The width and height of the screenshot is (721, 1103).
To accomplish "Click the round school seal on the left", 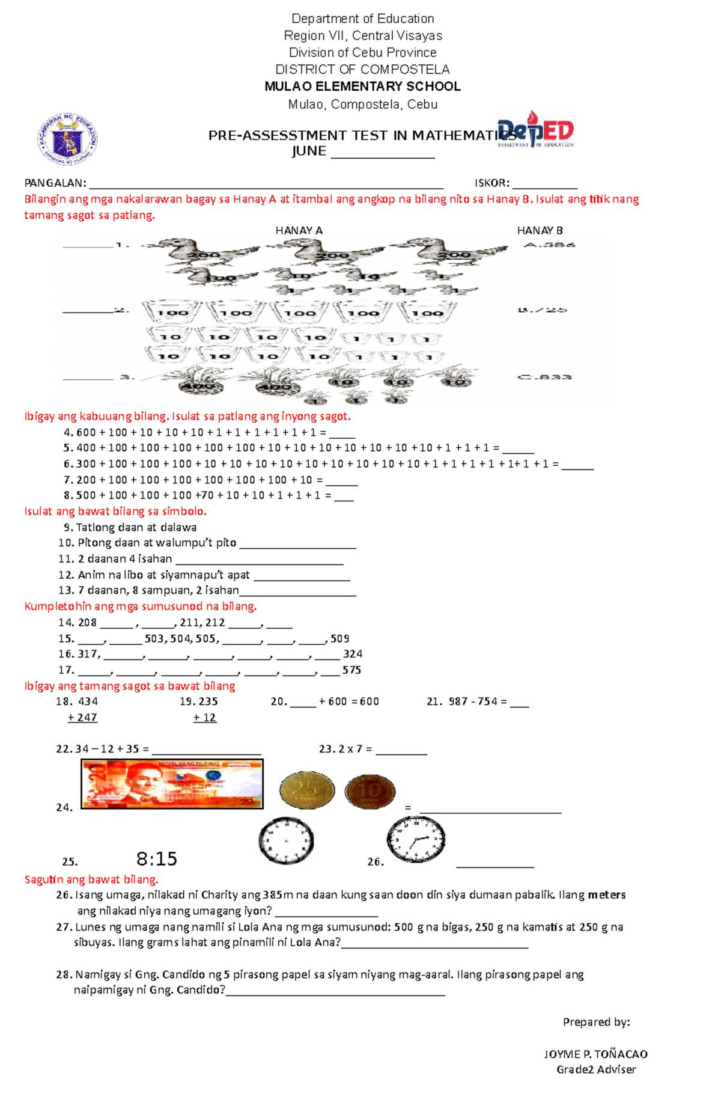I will point(67,140).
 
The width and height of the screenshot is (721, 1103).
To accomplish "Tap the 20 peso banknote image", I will point(172,784).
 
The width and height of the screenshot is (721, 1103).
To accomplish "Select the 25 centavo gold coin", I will point(307,790).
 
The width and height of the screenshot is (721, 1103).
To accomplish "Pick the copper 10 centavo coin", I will point(370,791).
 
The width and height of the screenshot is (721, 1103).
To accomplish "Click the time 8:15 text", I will point(157,859).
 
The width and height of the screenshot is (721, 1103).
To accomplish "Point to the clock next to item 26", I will point(416,840).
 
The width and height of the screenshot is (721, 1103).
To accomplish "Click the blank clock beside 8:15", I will point(287,840).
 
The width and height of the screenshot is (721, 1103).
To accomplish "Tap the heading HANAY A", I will point(299,231).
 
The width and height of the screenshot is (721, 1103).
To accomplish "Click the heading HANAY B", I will point(540,231).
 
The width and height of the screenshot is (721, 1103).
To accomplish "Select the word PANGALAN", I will point(55,183).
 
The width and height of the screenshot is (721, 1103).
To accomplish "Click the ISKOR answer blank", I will point(544,184).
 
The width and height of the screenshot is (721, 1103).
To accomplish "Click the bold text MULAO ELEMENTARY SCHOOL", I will point(362,87).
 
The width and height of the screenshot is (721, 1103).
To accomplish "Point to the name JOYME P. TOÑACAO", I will point(595,1054).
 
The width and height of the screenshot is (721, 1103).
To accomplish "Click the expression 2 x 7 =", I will point(345,749).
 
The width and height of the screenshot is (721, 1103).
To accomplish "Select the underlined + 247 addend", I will point(82,718).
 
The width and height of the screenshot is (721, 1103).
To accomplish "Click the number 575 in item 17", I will point(351,670).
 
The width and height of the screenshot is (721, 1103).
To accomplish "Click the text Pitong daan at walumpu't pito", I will point(157,543).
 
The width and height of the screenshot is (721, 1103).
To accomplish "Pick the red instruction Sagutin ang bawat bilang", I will point(91,879).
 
